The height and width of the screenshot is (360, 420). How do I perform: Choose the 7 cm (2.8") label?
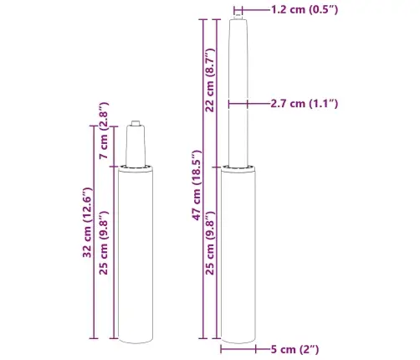point(103,142)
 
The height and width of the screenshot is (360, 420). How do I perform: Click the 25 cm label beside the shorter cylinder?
point(103,252)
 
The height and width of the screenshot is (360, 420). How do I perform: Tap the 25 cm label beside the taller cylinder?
point(211,252)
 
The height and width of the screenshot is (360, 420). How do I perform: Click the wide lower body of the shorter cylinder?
point(136,251)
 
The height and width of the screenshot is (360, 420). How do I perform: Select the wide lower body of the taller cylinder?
point(238,251)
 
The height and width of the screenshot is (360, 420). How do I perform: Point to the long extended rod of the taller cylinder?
point(238,92)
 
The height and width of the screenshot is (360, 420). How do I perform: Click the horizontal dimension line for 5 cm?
point(239,348)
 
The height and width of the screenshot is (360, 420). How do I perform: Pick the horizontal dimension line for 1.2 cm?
point(239,10)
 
